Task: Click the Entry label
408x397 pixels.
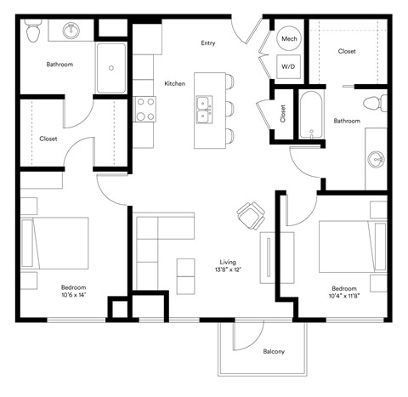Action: tap(207, 43)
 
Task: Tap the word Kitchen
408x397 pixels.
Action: tap(174, 82)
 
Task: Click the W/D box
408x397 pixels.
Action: tap(287, 65)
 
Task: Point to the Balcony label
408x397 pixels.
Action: tap(273, 351)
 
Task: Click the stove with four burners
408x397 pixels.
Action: tap(145, 109)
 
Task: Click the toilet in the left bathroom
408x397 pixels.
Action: tap(33, 32)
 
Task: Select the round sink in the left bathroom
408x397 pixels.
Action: tap(71, 31)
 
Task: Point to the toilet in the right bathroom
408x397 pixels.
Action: tap(371, 104)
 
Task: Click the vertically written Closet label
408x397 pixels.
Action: tap(282, 114)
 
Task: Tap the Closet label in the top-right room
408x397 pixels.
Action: tap(347, 51)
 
